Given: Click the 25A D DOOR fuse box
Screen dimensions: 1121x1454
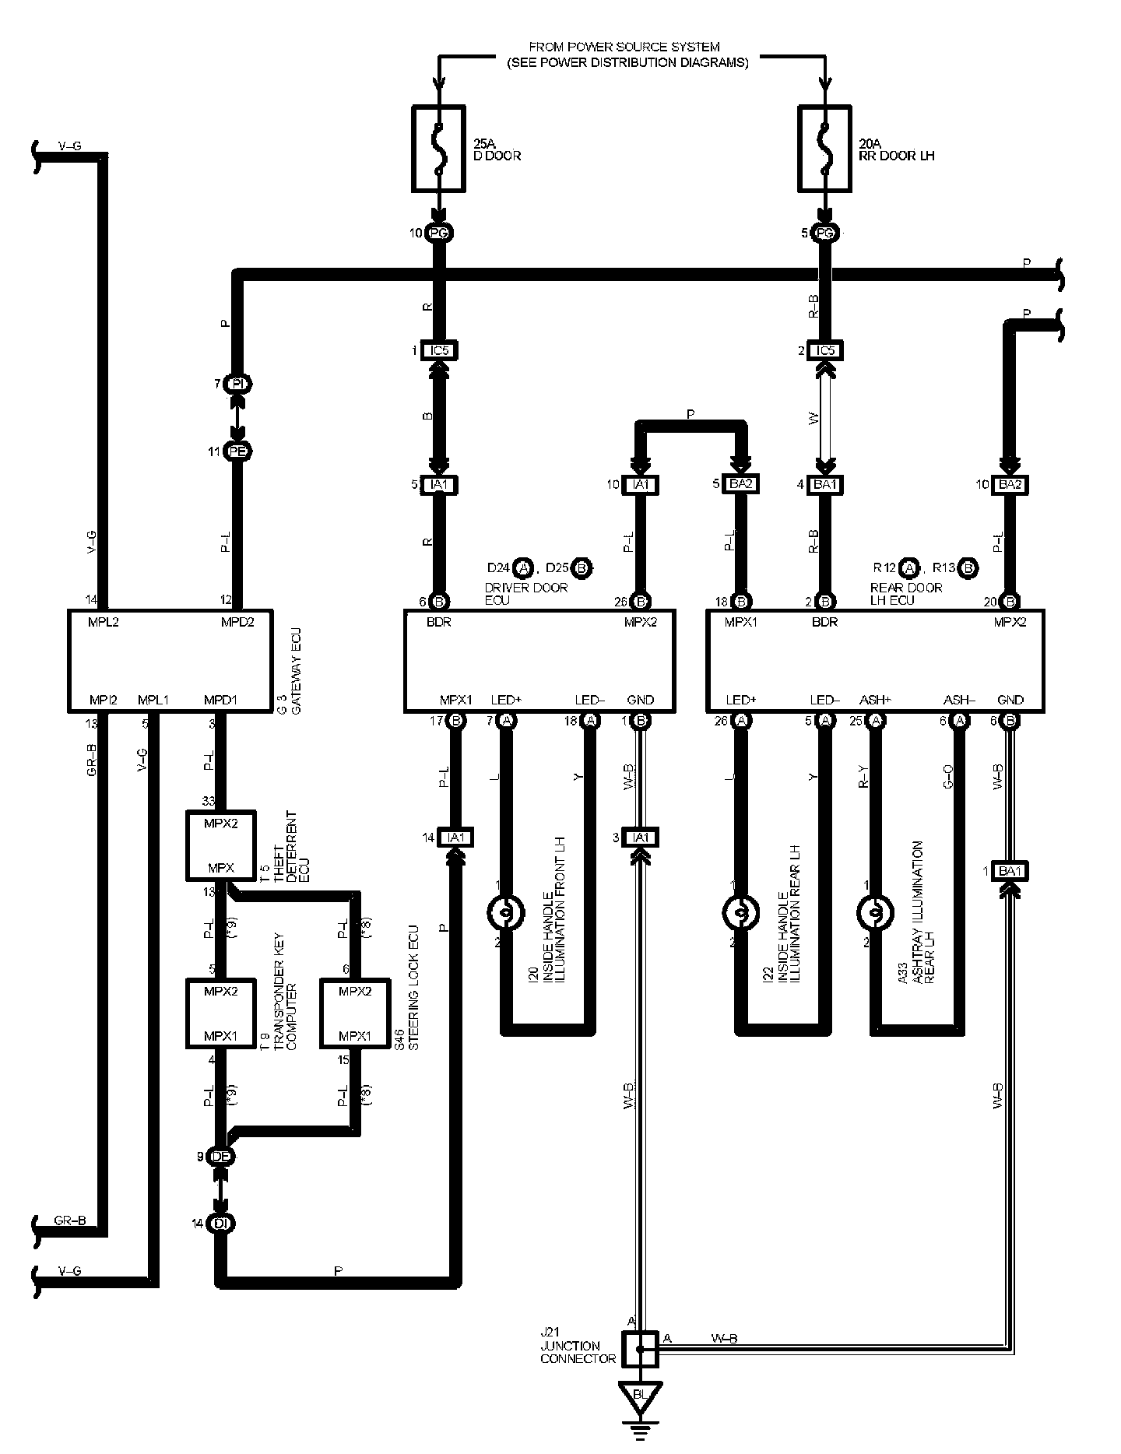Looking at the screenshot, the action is (x=438, y=149).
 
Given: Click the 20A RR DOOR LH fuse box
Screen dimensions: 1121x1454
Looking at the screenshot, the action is (x=826, y=149).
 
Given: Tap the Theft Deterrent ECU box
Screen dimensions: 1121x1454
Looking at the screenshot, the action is (x=220, y=845).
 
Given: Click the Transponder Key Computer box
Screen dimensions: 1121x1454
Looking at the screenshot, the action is (x=220, y=1013).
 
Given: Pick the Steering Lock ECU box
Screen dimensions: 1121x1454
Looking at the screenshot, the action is (x=356, y=1013).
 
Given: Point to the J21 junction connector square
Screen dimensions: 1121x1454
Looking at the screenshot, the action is (x=640, y=1349).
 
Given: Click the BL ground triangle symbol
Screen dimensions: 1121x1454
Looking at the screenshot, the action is (x=640, y=1394).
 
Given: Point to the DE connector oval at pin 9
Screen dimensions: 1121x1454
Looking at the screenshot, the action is (x=221, y=1157).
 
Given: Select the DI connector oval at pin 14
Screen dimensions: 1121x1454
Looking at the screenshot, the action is (x=221, y=1224).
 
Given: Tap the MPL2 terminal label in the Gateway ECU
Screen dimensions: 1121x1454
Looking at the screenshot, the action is (x=104, y=622).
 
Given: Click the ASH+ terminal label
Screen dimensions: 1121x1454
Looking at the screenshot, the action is (x=874, y=700).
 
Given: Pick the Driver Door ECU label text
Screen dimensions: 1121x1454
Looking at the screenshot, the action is (x=526, y=593).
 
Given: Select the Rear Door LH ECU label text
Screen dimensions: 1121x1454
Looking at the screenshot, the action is (x=905, y=593).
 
